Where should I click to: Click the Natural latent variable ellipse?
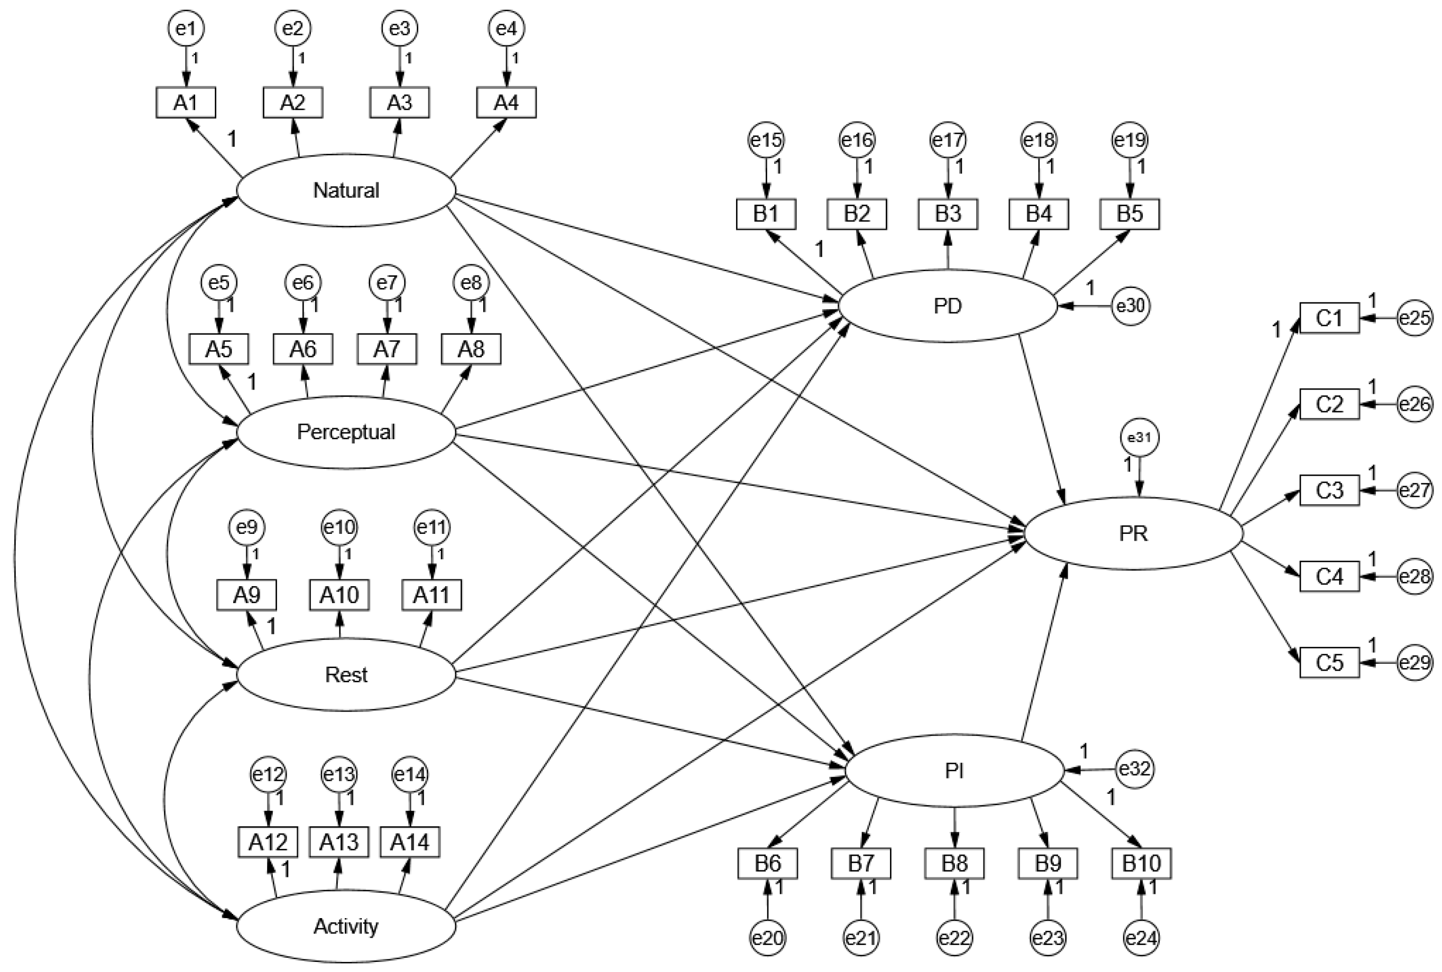pos(346,190)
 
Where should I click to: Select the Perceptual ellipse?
pos(346,432)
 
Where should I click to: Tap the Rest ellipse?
pos(346,674)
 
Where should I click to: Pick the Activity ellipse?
pos(346,926)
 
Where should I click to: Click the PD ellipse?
pos(947,306)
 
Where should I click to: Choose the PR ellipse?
pos(1133,533)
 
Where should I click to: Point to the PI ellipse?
pos(954,771)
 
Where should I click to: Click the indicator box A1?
pos(186,103)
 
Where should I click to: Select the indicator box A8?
pos(471,349)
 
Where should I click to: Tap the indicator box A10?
pos(339,595)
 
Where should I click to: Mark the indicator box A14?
pos(409,842)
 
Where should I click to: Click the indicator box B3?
pos(948,214)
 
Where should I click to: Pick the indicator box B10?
pos(1141,863)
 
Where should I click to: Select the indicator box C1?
pos(1329,318)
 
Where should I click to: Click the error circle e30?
pos(1130,306)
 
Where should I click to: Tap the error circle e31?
pos(1140,438)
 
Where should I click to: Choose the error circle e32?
pos(1135,769)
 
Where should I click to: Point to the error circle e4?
pos(506,29)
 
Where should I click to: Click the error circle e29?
pos(1415,663)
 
